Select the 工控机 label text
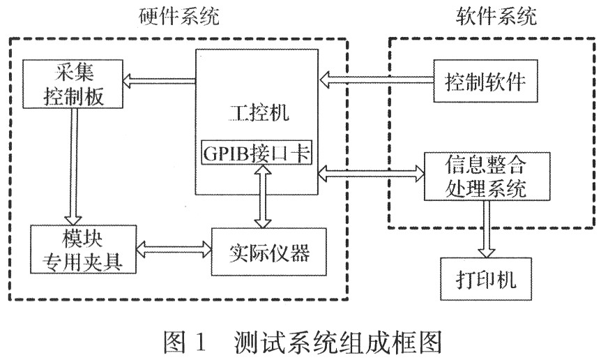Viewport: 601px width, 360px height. [255, 110]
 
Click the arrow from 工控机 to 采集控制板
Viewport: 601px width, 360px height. [160, 82]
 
